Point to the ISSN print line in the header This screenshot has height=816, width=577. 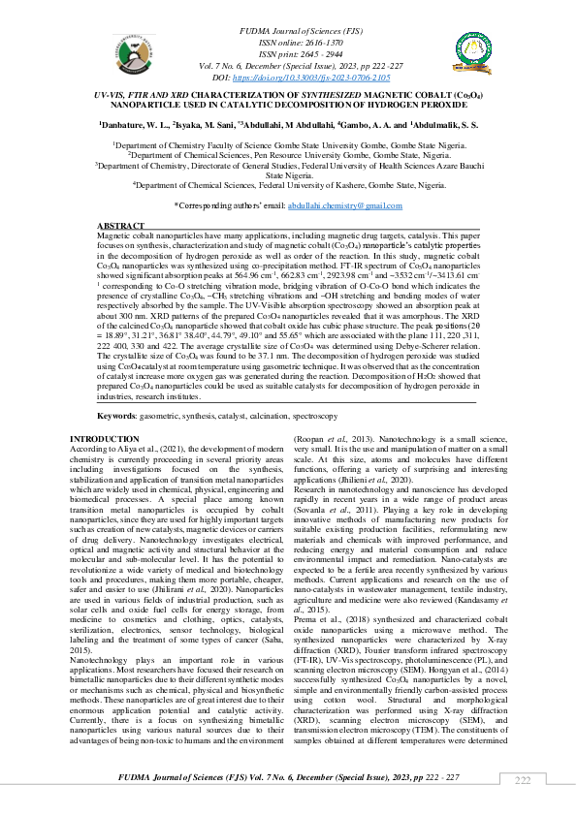[287, 54]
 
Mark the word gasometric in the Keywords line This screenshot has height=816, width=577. [160, 415]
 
